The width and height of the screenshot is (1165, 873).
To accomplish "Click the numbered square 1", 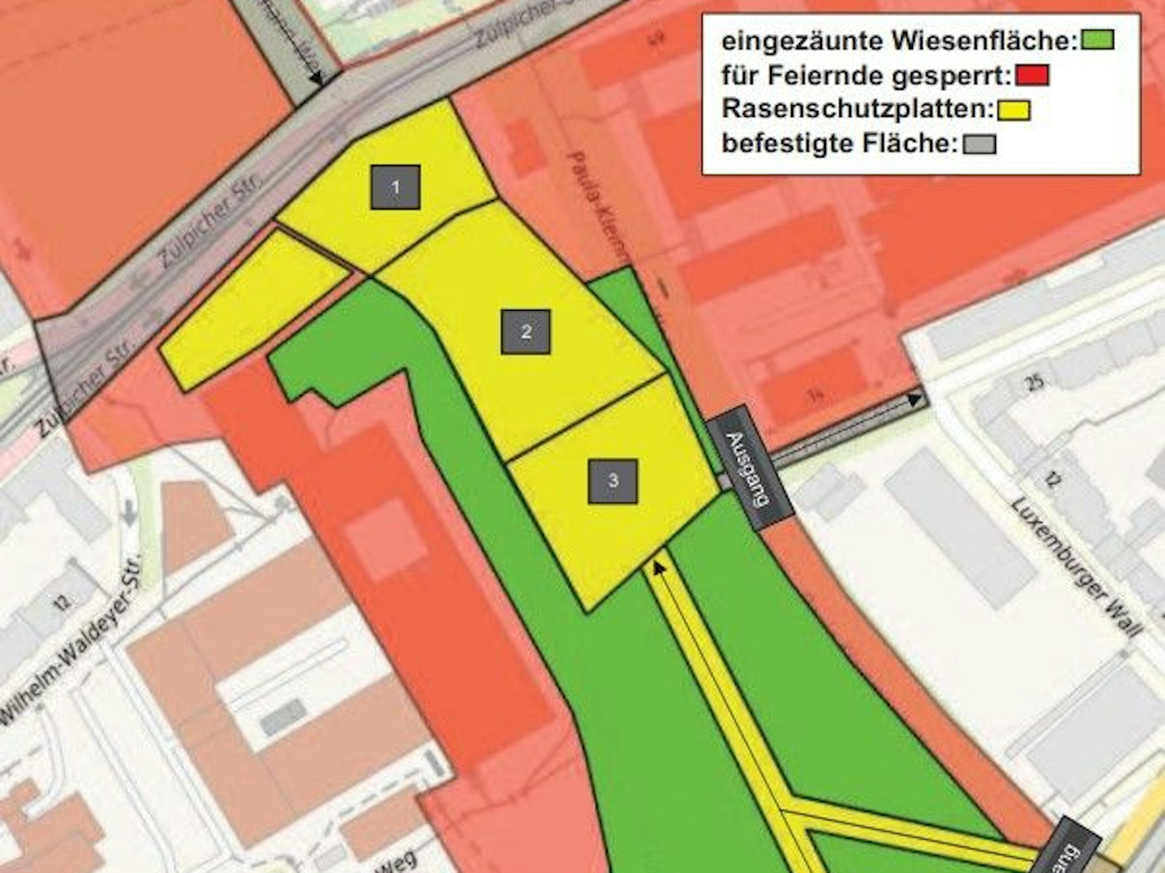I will click(x=396, y=187).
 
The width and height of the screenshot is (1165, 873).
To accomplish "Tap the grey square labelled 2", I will click(x=525, y=332).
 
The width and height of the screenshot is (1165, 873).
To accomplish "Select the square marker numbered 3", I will click(x=613, y=481).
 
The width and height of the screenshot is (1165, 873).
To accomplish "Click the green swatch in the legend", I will click(x=1098, y=41).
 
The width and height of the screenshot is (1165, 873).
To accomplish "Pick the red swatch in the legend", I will click(x=1032, y=76).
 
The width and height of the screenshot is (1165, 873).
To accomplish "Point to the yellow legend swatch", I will click(x=1014, y=110).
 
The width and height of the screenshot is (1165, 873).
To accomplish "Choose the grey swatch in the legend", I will click(x=980, y=144).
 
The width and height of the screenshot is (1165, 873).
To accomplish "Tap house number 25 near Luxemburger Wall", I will click(x=1035, y=383).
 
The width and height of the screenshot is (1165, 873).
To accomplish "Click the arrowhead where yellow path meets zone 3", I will click(x=659, y=566).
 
